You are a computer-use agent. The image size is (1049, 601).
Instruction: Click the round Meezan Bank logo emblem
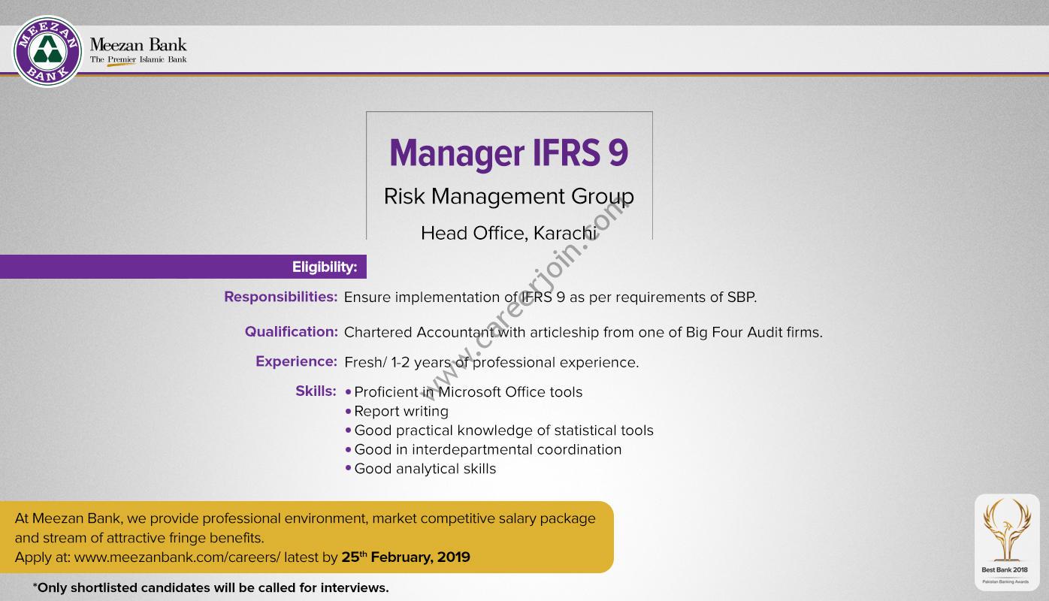click(x=47, y=52)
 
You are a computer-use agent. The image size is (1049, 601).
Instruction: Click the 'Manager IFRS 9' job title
click(x=509, y=153)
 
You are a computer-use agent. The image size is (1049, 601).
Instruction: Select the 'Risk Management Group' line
click(x=509, y=197)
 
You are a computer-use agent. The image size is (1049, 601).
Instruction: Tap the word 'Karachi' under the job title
click(x=565, y=233)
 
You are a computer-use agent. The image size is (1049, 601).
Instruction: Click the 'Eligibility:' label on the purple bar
click(x=325, y=267)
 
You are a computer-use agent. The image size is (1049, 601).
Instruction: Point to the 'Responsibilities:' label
click(x=280, y=297)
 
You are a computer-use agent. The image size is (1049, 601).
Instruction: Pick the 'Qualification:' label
click(x=292, y=331)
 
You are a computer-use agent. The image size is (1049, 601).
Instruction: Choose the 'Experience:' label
click(x=296, y=361)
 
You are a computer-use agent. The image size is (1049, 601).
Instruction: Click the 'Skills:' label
click(x=316, y=391)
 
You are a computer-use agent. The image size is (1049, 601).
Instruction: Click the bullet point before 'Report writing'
click(x=348, y=412)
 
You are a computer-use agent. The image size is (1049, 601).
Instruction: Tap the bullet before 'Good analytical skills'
click(x=348, y=469)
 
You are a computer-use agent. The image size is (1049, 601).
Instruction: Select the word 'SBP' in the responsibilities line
click(x=740, y=297)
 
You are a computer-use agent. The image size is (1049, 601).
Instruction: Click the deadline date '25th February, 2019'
click(x=406, y=557)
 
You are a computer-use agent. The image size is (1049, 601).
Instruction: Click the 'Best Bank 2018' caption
click(x=1005, y=569)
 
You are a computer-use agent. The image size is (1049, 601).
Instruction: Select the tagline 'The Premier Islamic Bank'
click(x=138, y=59)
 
